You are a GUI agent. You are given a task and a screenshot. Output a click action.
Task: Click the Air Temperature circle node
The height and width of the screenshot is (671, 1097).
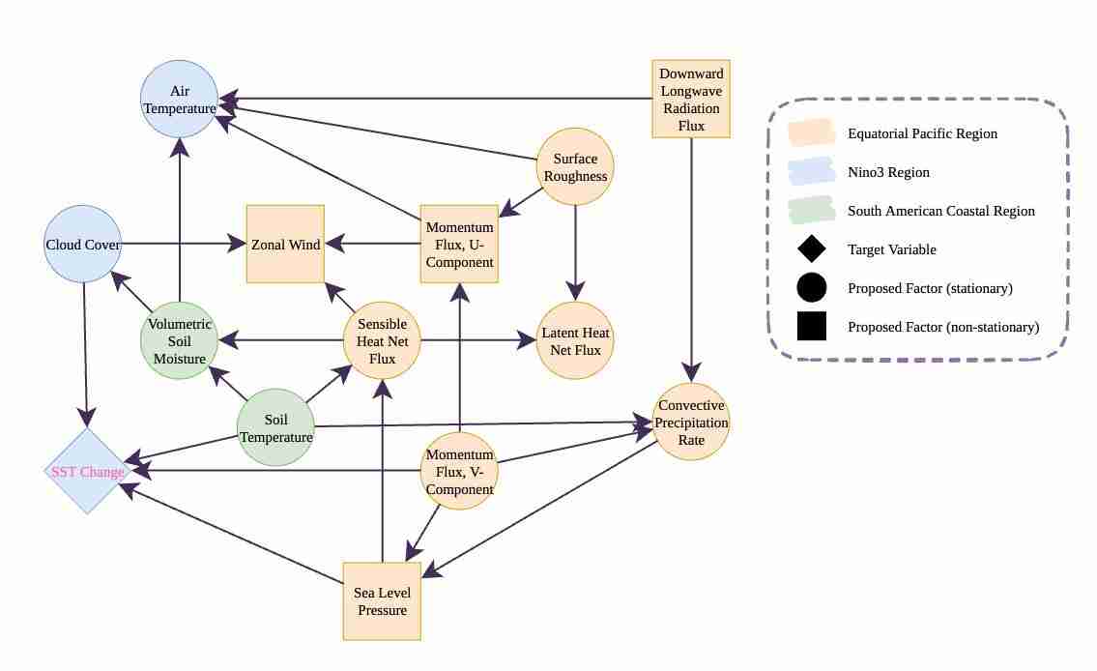(x=179, y=99)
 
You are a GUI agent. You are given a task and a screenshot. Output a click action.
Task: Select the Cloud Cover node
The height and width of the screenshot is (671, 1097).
(x=83, y=244)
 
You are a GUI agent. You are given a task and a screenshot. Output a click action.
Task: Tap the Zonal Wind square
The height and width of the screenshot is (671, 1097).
(x=285, y=244)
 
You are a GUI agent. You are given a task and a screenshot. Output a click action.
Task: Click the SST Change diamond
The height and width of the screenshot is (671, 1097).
(x=87, y=471)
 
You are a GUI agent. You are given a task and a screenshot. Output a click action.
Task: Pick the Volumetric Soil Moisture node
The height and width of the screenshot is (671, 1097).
(x=179, y=340)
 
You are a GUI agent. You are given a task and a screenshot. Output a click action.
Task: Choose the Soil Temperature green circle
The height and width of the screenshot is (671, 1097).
(x=275, y=427)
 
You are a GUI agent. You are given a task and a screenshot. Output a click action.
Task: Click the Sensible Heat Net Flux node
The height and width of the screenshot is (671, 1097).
(x=382, y=340)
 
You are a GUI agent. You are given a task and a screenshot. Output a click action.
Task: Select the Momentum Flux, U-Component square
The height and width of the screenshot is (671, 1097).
(x=459, y=244)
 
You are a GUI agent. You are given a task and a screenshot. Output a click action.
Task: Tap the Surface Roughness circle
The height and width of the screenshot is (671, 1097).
(x=575, y=166)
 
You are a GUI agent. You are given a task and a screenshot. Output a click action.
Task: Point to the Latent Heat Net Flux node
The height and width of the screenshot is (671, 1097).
(x=575, y=340)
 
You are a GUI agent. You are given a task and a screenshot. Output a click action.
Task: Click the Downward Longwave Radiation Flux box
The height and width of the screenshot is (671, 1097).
(x=691, y=99)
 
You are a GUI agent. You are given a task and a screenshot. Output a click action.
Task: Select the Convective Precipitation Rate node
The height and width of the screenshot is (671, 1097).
(x=691, y=422)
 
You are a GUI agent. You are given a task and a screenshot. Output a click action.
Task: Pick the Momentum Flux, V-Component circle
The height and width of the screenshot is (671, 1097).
(x=459, y=471)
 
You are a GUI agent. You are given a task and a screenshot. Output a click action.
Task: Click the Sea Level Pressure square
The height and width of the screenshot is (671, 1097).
(x=382, y=600)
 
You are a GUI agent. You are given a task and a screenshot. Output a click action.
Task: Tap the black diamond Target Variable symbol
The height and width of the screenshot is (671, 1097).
(x=811, y=248)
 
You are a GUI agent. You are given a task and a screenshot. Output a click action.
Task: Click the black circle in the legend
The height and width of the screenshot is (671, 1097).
(x=811, y=287)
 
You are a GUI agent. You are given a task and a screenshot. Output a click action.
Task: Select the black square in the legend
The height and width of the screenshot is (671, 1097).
(x=811, y=327)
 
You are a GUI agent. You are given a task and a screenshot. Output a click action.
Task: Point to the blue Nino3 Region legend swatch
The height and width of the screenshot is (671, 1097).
(x=811, y=171)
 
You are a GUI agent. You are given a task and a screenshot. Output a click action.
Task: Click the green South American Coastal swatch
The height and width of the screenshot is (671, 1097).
(x=811, y=210)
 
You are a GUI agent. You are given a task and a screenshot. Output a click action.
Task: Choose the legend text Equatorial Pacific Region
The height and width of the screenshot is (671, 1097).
(x=922, y=133)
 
